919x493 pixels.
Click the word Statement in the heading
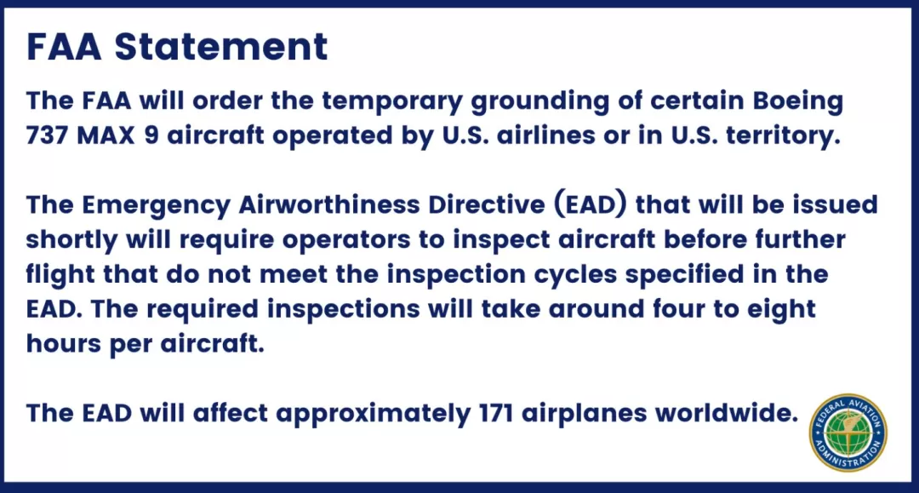click(x=221, y=46)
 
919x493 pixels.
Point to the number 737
click(x=47, y=135)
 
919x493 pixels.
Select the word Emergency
click(x=156, y=206)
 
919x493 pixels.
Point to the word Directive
click(x=487, y=204)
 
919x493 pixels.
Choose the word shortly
click(x=71, y=240)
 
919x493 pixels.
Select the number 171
click(x=496, y=413)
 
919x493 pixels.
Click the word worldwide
click(x=727, y=413)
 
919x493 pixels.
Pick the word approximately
click(x=374, y=415)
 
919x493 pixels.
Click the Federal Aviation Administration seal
click(x=848, y=433)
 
